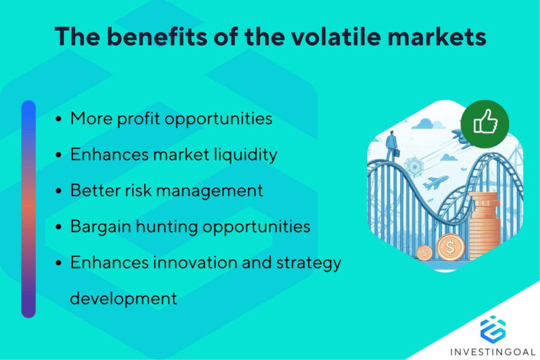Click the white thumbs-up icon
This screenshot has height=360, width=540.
click(x=485, y=124)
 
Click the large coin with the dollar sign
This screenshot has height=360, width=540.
click(x=449, y=247)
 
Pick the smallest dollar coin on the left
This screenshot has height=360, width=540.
click(x=424, y=252)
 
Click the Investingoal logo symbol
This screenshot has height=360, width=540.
click(x=492, y=328)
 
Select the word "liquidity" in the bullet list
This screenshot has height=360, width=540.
click(x=241, y=155)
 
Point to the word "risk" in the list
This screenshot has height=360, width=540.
click(x=142, y=191)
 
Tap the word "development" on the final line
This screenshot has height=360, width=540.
click(x=123, y=298)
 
